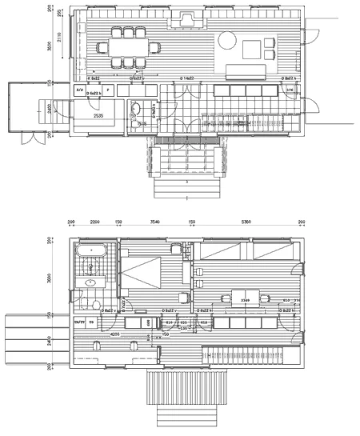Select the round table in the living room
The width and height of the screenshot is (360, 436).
226,39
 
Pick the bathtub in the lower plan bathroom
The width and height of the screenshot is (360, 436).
90,251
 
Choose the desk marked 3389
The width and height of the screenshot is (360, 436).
246,298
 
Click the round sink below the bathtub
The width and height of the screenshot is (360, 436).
90,282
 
